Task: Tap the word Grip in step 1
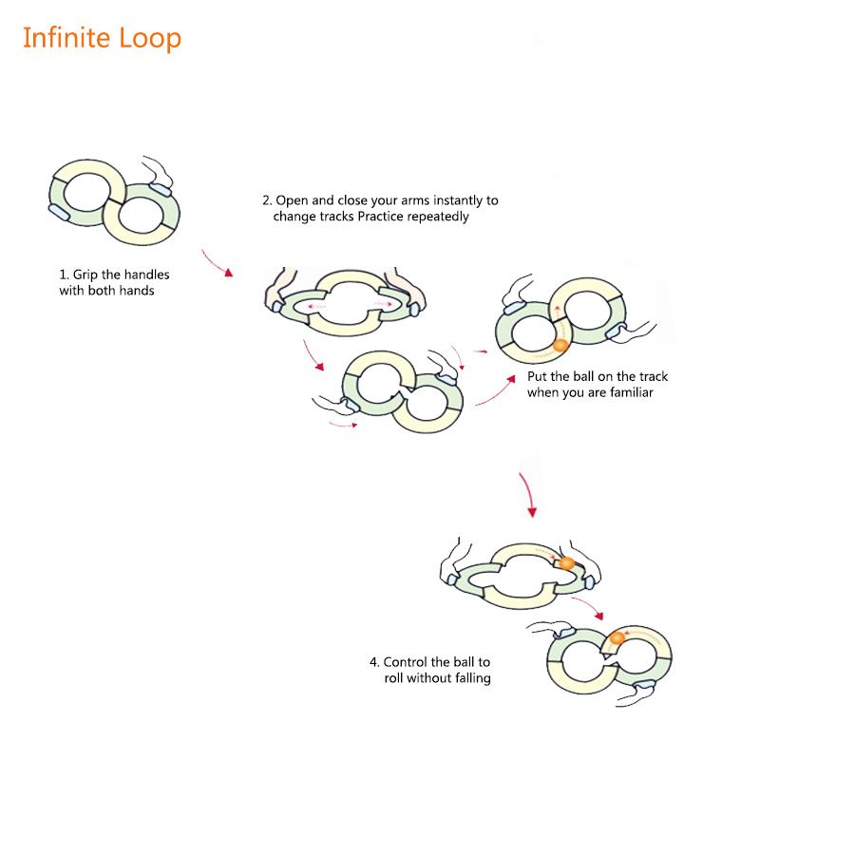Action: [x=86, y=275]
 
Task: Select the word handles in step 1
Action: [x=147, y=275]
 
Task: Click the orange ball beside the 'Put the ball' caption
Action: [x=560, y=345]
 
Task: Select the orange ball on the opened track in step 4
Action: [x=566, y=563]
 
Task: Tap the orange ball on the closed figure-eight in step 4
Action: [x=617, y=638]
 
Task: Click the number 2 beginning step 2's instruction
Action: [x=266, y=200]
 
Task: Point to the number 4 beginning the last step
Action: [x=373, y=662]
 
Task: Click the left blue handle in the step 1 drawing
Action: [x=59, y=213]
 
